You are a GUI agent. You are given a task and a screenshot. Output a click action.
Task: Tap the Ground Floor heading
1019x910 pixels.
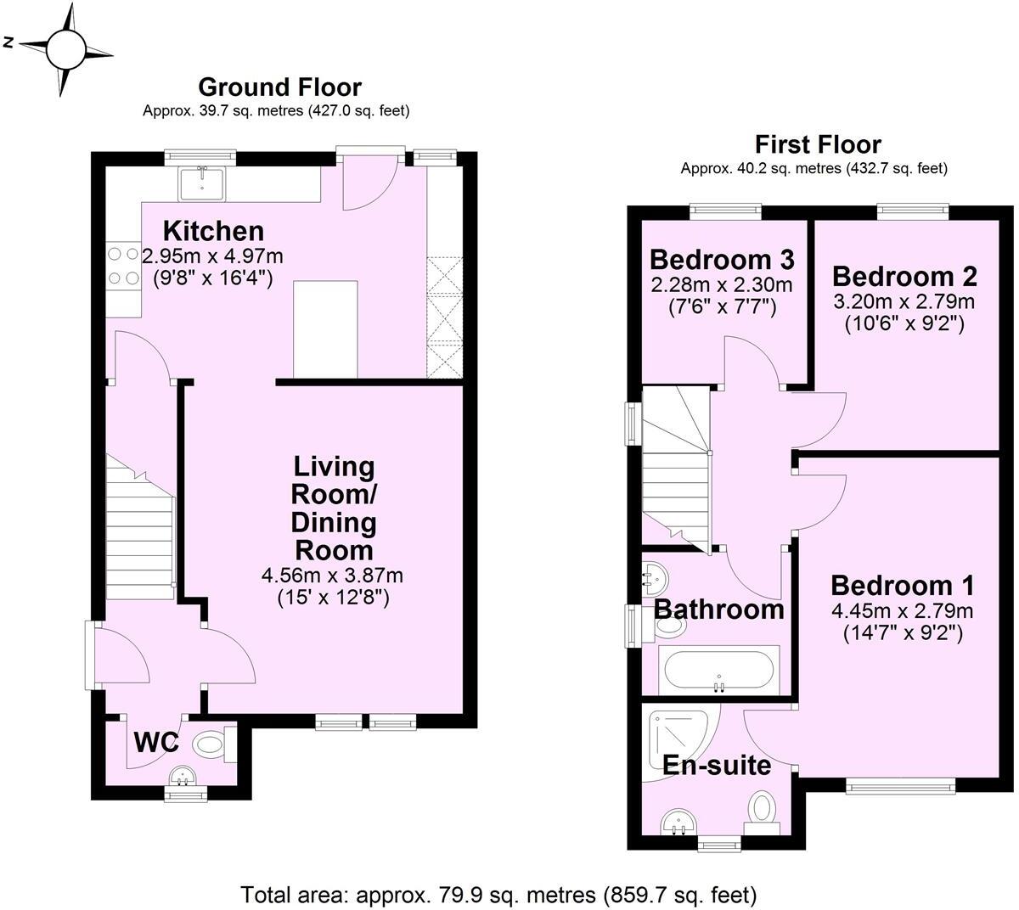(279, 87)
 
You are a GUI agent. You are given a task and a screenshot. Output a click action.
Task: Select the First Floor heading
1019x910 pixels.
(818, 144)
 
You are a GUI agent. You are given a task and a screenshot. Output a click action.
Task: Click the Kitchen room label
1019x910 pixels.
(213, 231)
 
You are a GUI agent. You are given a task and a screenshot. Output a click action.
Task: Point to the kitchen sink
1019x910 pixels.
(201, 183)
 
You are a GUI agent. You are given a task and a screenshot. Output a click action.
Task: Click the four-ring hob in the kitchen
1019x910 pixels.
(123, 265)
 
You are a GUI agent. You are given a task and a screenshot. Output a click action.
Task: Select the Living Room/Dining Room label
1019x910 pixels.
(334, 507)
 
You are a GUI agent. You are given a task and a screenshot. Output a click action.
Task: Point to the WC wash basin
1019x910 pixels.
(181, 775)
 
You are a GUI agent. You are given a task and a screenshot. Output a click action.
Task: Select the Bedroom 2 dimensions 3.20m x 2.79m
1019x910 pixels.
(905, 301)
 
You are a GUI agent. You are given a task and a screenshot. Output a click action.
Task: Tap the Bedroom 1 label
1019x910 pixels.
(902, 586)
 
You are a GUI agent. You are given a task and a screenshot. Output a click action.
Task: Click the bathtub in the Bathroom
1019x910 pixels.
(718, 671)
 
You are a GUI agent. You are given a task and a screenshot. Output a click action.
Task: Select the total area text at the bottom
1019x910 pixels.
(498, 894)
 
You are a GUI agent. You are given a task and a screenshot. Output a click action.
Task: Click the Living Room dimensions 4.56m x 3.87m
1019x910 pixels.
(332, 576)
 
